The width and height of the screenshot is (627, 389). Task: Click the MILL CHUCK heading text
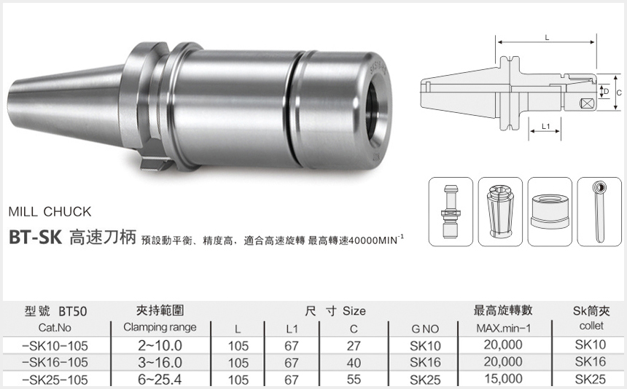pyautogui.click(x=49, y=212)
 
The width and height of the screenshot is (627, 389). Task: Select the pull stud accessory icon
pyautogui.click(x=449, y=211)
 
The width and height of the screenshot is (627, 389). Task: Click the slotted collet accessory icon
pyautogui.click(x=499, y=211)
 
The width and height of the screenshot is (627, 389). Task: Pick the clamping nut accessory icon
pyautogui.click(x=549, y=211)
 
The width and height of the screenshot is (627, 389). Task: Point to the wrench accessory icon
pyautogui.click(x=599, y=211)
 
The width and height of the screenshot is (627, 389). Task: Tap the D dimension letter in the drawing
pyautogui.click(x=605, y=91)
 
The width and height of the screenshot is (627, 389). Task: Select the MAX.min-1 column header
pyautogui.click(x=502, y=328)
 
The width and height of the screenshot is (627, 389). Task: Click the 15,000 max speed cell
pyautogui.click(x=503, y=379)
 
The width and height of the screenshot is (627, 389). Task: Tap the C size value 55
pyautogui.click(x=354, y=380)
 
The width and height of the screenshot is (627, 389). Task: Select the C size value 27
pyautogui.click(x=354, y=345)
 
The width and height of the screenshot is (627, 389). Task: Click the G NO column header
pyautogui.click(x=425, y=329)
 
